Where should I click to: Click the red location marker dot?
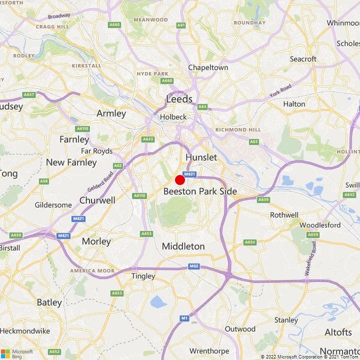point(180,180)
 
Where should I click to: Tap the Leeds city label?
point(179,99)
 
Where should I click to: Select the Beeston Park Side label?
point(200,191)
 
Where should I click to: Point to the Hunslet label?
point(201,157)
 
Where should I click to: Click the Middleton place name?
point(183,246)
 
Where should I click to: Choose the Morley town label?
point(96,241)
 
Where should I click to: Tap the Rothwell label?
point(284,215)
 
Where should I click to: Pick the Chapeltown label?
point(208,67)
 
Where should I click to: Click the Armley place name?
point(111,113)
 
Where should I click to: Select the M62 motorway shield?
point(194,266)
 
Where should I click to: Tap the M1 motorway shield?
point(184,318)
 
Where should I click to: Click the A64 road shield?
point(202,106)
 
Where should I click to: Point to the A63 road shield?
point(254,141)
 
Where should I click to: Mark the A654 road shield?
point(249,242)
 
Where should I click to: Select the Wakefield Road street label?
point(310,258)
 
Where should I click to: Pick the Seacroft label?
point(303,59)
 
